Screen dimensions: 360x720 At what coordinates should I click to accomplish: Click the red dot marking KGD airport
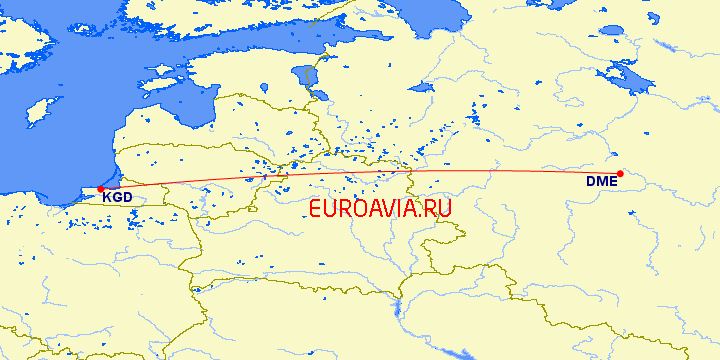coord(100,188)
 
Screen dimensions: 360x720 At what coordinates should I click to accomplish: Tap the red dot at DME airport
coord(620,174)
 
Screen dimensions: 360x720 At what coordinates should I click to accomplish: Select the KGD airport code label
coord(117,198)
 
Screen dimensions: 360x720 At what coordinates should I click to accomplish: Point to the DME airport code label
coord(601,181)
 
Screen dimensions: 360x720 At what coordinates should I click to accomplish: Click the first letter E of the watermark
coord(315,209)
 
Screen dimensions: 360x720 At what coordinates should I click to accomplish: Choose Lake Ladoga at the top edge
coord(440,8)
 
